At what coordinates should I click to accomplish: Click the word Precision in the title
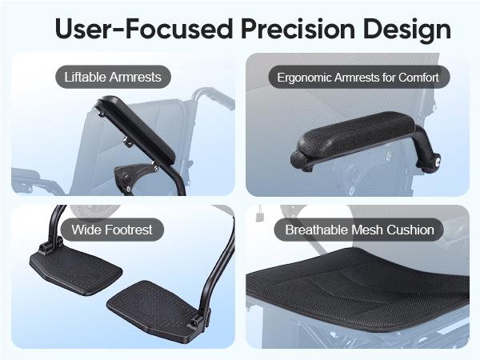(298, 29)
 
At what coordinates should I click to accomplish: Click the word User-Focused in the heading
(144, 29)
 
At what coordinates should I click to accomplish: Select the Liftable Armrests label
(113, 77)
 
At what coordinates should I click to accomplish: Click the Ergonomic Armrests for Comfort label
(358, 77)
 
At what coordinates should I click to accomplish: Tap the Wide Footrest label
(112, 230)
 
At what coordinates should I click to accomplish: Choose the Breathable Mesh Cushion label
(359, 230)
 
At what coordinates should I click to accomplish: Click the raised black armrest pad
(136, 129)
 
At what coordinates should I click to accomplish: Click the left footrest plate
(76, 270)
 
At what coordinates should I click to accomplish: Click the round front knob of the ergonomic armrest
(298, 159)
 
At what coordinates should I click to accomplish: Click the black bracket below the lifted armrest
(133, 178)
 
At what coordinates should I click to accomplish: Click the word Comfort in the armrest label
(418, 77)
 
